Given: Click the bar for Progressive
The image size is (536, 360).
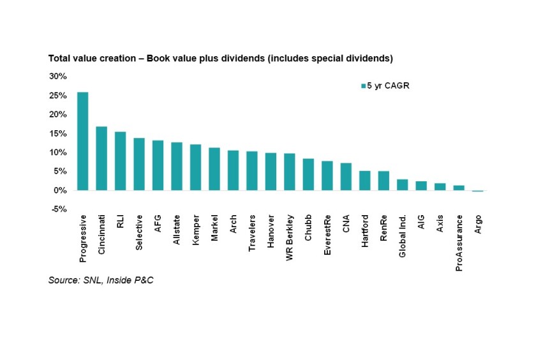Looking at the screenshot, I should [82, 141].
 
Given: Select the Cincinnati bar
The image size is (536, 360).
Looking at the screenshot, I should [101, 158].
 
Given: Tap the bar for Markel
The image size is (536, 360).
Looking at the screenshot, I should [214, 169].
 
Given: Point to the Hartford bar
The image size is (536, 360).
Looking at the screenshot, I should [365, 181].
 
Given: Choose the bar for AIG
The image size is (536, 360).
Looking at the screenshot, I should [421, 186].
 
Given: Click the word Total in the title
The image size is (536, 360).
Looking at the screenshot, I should [59, 59].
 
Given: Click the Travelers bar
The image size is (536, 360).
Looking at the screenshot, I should [252, 171].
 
